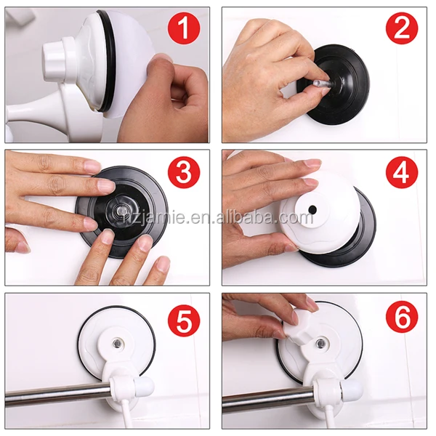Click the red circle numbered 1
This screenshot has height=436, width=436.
click(184, 28)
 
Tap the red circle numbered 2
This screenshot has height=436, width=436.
click(402, 28)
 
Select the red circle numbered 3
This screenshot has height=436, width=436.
click(184, 171)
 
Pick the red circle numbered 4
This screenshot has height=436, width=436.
click(402, 171)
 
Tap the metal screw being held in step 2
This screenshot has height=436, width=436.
click(323, 84)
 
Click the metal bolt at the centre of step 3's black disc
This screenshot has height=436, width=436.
click(121, 210)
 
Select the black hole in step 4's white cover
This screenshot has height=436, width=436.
click(312, 209)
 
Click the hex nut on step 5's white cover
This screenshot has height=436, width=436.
click(118, 344)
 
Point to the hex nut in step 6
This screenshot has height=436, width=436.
click(320, 344)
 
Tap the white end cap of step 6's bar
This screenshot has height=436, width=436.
click(352, 389)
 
